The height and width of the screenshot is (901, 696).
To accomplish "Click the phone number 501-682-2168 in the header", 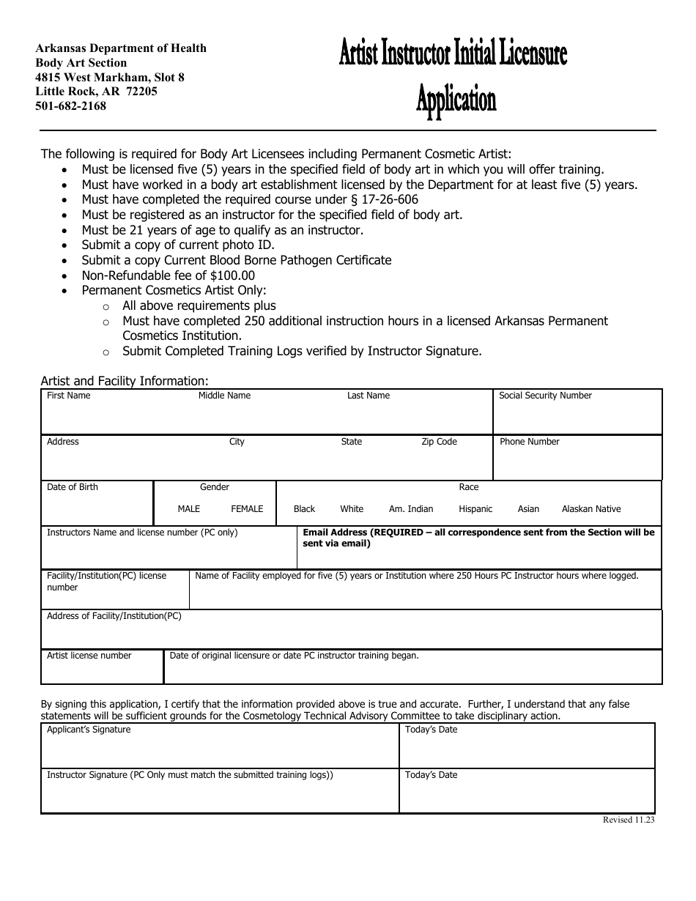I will (71, 106).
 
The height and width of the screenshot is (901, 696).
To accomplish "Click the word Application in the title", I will (456, 99).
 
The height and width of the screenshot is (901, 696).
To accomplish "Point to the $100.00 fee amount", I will (232, 275).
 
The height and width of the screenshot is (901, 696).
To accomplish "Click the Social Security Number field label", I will (545, 396).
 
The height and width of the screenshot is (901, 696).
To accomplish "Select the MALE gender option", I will (188, 509).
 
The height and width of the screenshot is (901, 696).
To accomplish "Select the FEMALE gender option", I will (247, 509).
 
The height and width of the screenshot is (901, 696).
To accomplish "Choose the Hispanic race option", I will (475, 509).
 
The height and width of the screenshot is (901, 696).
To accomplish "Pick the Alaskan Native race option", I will (591, 509).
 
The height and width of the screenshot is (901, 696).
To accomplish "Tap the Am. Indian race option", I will (411, 509).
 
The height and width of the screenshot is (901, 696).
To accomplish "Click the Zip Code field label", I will (439, 442).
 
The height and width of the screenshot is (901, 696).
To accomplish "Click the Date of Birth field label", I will (72, 487).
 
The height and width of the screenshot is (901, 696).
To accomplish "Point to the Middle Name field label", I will (224, 396).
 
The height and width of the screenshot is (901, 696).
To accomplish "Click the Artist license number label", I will (89, 656).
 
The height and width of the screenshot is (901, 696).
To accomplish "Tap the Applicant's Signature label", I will (89, 730).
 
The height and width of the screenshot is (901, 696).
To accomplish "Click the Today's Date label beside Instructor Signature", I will (431, 775).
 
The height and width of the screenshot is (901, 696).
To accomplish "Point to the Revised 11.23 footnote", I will (628, 820).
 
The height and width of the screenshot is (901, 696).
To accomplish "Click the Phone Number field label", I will (529, 442).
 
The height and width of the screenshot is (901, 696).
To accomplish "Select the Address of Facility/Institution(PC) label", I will (114, 616).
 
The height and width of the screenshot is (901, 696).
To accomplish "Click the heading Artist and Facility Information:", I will (125, 381).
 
